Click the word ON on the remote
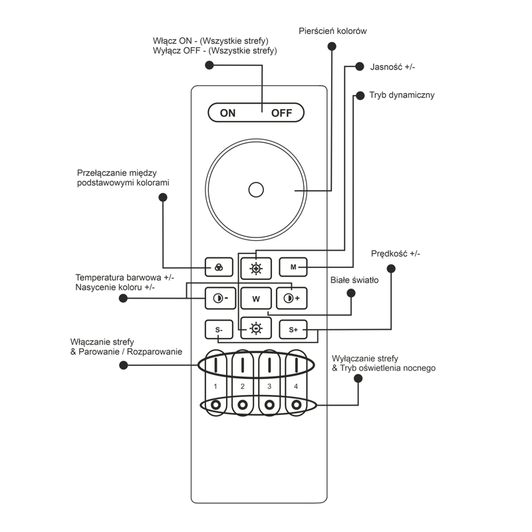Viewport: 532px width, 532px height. [227, 113]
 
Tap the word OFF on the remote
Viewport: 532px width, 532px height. [281, 113]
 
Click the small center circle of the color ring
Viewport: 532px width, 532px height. [256, 190]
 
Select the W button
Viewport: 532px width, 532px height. [256, 299]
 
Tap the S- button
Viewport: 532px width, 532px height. [219, 329]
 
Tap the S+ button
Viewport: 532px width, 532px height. [293, 329]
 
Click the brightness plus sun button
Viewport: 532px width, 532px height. [256, 269]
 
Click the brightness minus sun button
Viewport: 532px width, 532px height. [256, 328]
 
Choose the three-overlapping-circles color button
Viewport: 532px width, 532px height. [219, 267]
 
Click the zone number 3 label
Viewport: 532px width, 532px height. [269, 386]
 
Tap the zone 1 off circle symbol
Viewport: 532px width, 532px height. [215, 405]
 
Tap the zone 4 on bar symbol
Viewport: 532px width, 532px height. [296, 365]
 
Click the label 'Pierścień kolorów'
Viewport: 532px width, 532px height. [332, 31]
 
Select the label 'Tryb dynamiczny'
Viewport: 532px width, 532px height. [402, 95]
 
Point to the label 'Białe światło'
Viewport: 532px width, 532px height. [354, 280]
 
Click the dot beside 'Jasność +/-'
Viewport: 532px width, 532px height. [359, 66]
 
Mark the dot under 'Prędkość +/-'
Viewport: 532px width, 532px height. [391, 269]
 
